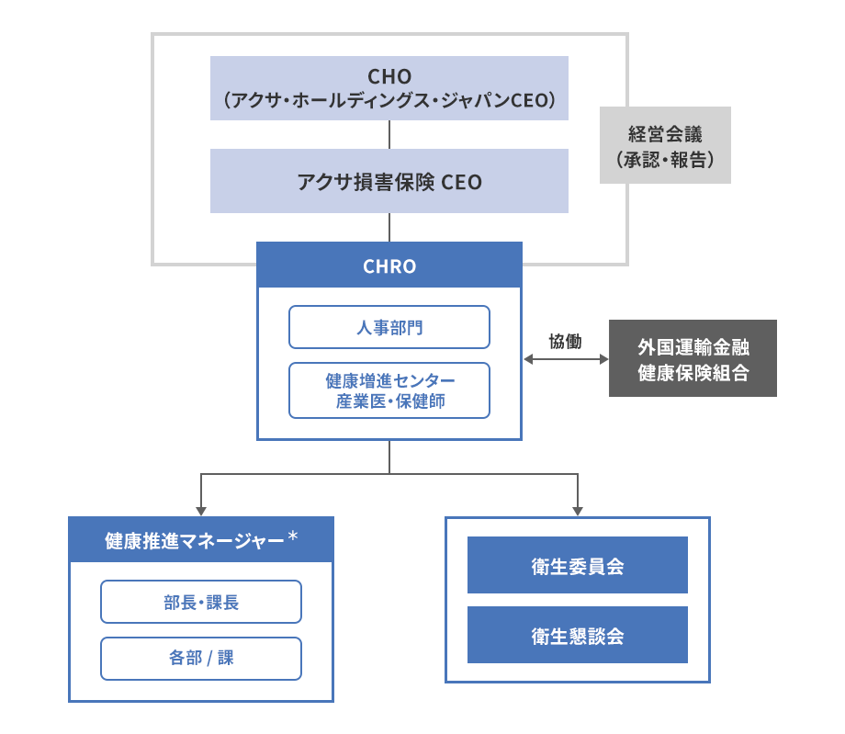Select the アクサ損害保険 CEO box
tap(389, 181)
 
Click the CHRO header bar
tap(389, 266)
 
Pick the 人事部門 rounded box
tap(389, 327)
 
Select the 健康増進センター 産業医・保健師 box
tap(389, 390)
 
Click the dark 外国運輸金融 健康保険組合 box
tap(693, 358)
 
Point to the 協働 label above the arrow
tap(565, 341)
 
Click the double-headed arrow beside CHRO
tap(565, 359)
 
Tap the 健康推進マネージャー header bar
tap(200, 540)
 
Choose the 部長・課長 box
tap(200, 602)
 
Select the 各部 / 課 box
tap(200, 659)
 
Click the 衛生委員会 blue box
tap(577, 565)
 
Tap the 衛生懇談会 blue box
tap(577, 635)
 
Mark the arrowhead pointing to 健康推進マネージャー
tap(201, 511)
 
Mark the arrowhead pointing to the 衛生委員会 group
tap(578, 511)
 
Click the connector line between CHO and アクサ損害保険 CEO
tap(389, 134)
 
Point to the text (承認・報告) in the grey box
tap(665, 159)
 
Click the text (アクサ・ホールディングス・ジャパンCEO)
tap(389, 100)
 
